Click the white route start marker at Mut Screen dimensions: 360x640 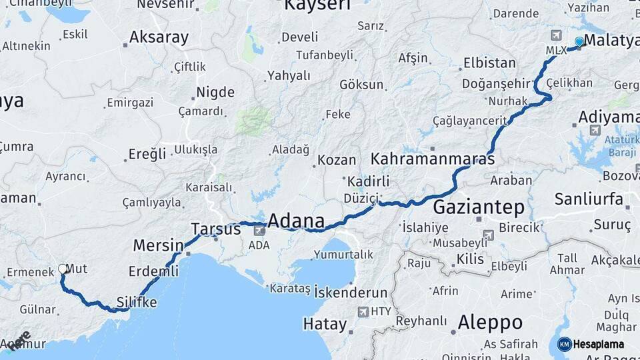point(63,269)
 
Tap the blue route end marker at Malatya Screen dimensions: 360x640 point(579,41)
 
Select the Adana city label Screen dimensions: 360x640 point(296,221)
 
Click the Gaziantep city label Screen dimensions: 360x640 point(479,207)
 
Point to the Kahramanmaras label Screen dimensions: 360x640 point(433,159)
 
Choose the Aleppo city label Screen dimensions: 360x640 point(490,323)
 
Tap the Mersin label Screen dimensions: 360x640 point(158,245)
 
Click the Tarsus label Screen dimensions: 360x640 point(215,229)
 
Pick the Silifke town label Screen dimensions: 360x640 point(137,302)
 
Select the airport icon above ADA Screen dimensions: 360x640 point(259,231)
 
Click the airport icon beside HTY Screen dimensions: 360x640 point(363,311)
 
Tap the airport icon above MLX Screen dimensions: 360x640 point(556,35)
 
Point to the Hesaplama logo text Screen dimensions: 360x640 point(598,344)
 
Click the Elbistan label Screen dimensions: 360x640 point(490,63)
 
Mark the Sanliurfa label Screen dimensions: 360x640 point(589,199)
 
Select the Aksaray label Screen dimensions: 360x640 point(159,37)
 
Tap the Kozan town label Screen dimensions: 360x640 point(337,160)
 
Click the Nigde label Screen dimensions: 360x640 point(215,92)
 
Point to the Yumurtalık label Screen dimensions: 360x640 point(344,254)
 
